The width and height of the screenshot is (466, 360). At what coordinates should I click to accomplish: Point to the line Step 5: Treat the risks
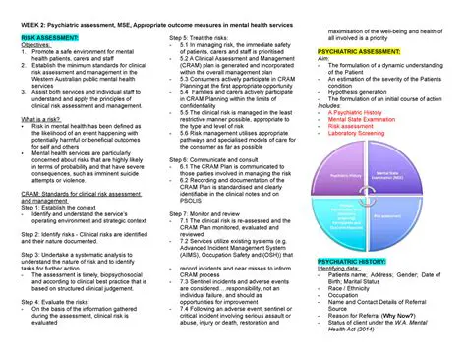coord(202,35)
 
